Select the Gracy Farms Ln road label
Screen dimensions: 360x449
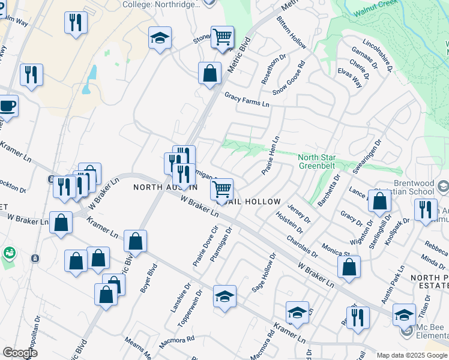click(x=247, y=100)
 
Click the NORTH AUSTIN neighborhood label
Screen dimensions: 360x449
click(x=165, y=188)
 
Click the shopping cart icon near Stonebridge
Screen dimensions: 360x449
click(x=222, y=37)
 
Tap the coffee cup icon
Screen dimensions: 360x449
click(x=7, y=106)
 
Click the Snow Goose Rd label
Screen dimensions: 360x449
click(x=289, y=78)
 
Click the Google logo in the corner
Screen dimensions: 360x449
click(x=20, y=353)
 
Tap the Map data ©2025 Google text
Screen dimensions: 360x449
click(x=412, y=355)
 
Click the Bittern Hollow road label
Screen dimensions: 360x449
click(x=292, y=33)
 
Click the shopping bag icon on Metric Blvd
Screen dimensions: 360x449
click(x=209, y=74)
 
